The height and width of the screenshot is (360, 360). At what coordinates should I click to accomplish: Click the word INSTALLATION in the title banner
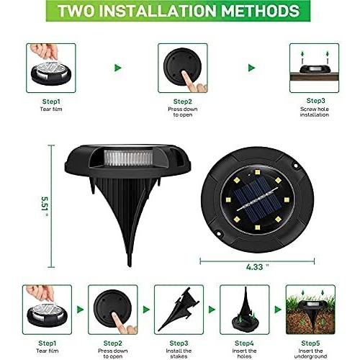tap(160, 11)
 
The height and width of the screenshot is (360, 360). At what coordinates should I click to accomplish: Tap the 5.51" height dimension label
tap(45, 207)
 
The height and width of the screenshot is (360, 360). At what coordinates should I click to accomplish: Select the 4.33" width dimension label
tap(257, 266)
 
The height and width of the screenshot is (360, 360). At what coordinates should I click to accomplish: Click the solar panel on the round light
tap(257, 199)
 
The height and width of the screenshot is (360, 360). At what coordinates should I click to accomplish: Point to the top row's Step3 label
tap(315, 101)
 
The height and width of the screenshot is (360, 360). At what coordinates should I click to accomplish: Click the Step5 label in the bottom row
tap(310, 343)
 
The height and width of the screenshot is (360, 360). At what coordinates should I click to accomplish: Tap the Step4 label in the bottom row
tap(244, 343)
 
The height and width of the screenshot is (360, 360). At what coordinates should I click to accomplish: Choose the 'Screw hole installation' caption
tap(315, 112)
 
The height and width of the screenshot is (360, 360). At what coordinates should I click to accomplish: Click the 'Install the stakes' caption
tap(179, 354)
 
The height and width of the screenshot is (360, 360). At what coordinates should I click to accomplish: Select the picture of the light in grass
tap(310, 310)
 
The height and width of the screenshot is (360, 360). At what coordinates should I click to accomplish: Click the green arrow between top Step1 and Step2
tap(118, 68)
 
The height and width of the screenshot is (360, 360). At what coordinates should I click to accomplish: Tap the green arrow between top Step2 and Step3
tap(251, 68)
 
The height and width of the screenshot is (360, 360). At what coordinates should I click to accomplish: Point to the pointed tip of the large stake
tap(130, 266)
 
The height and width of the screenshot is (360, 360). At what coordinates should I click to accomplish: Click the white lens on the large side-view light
tap(129, 158)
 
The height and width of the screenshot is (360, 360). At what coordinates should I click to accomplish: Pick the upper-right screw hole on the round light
tap(296, 166)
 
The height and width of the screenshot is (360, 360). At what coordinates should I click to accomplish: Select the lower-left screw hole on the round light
tap(219, 233)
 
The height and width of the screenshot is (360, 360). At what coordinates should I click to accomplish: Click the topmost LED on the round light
tap(257, 172)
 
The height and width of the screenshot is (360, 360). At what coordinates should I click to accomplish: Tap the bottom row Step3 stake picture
tap(179, 310)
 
